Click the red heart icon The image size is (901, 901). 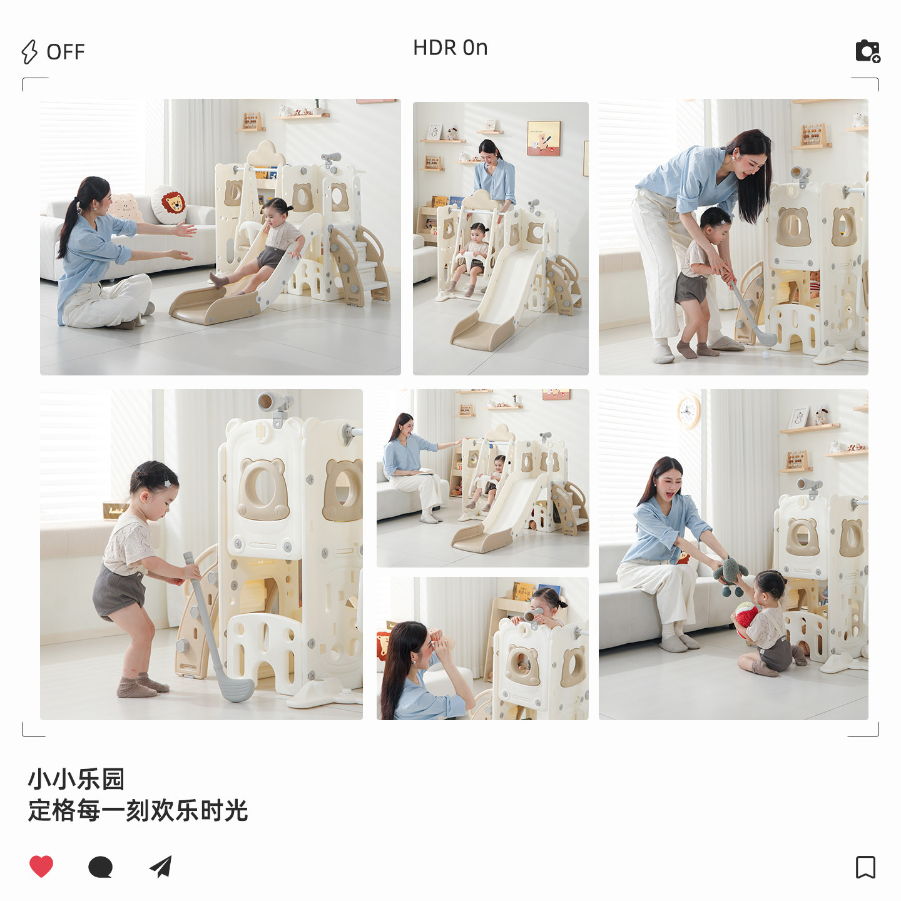(x=41, y=866)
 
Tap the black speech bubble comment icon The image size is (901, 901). (x=100, y=867)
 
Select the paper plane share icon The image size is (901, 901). (x=161, y=867)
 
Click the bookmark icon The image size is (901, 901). (x=865, y=867)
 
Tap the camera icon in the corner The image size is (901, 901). (x=868, y=51)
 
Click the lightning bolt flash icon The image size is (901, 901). (x=29, y=52)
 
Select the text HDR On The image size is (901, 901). (x=450, y=48)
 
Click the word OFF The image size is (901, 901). (x=66, y=52)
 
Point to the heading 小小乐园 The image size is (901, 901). (x=76, y=780)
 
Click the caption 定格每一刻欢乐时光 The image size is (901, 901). (x=138, y=811)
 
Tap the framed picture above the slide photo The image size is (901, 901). (x=543, y=138)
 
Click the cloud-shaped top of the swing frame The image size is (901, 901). (x=266, y=151)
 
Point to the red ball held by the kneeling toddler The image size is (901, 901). (x=746, y=616)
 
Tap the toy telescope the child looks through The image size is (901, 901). (x=532, y=615)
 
